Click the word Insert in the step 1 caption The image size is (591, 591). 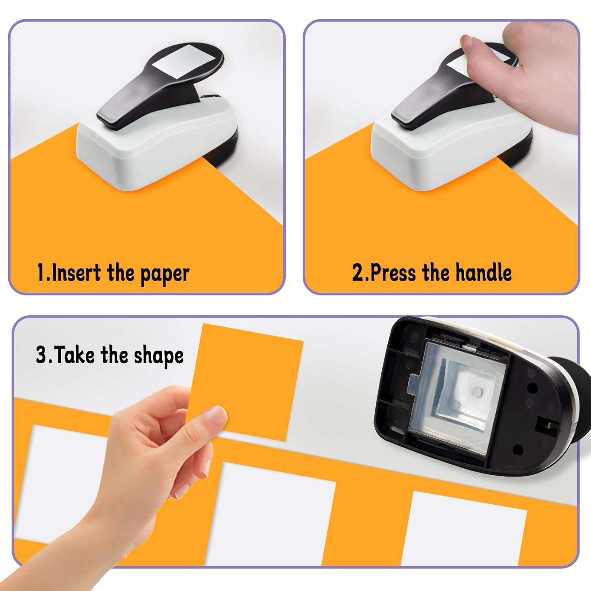(75, 273)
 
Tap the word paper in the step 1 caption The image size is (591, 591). (165, 273)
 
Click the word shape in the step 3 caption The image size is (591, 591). (158, 356)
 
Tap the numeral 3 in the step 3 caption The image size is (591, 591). (41, 355)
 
